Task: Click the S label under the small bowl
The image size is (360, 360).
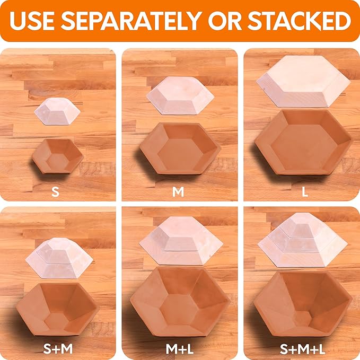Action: (x=55, y=191)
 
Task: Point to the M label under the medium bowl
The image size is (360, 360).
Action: (x=178, y=191)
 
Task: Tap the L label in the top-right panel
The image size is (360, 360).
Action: (x=304, y=191)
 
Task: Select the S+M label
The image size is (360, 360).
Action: (x=58, y=348)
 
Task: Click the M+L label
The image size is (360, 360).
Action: (x=179, y=348)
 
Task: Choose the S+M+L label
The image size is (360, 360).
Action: (x=303, y=348)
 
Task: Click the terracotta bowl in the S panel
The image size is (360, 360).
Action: (x=57, y=156)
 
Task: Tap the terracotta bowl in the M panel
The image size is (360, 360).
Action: (x=179, y=149)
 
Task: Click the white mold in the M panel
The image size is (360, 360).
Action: (x=180, y=96)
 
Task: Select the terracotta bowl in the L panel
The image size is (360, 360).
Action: (x=303, y=143)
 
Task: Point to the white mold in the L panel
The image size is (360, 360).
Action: (x=303, y=81)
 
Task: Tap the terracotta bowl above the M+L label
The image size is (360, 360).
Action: (x=179, y=301)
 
